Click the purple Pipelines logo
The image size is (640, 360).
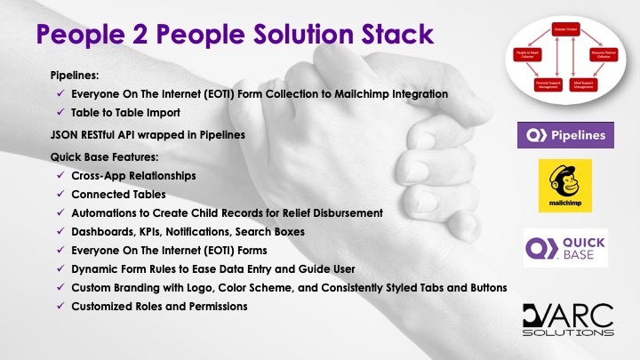(x=564, y=136)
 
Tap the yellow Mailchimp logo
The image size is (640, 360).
(x=564, y=186)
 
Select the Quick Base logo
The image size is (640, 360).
(x=564, y=247)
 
